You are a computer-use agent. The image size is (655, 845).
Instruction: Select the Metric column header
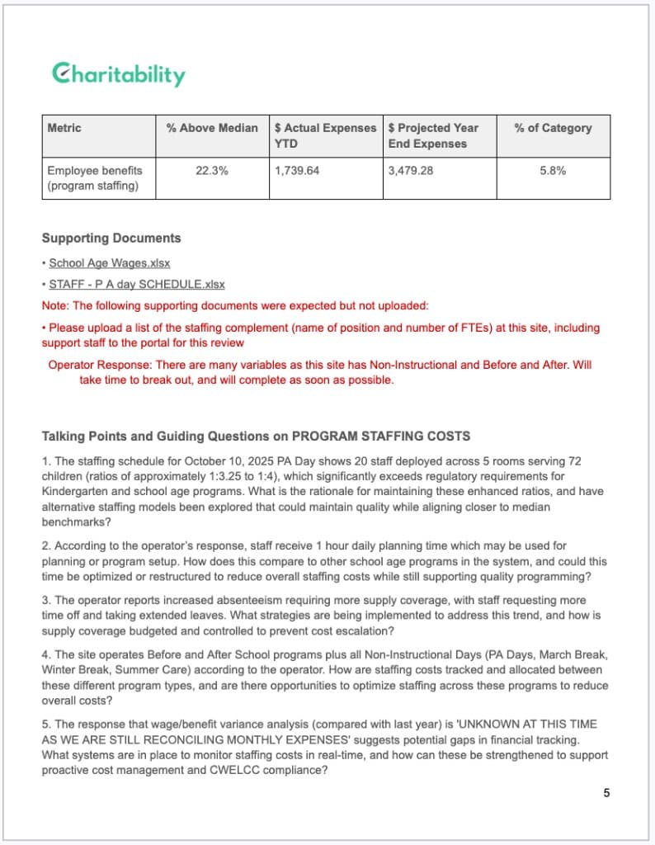64,128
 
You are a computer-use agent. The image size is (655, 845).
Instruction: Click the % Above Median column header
212,128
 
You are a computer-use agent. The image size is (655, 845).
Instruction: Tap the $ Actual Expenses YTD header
325,135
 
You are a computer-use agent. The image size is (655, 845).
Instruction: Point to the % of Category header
553,128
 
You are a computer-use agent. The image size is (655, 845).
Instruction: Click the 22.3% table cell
212,171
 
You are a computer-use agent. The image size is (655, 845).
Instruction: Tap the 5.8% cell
553,171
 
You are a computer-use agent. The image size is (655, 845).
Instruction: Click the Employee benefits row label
94,178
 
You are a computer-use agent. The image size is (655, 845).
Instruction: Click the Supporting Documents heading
111,238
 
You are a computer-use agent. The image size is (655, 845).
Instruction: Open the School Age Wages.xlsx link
109,263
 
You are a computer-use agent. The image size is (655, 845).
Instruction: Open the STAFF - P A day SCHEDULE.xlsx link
136,284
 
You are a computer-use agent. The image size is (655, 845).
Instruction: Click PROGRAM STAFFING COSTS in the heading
381,436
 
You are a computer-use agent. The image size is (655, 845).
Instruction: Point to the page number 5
606,793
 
